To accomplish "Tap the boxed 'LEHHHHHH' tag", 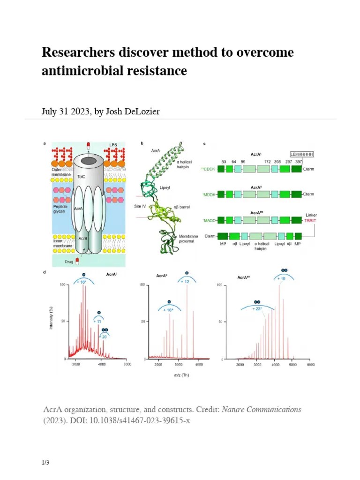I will [301, 154].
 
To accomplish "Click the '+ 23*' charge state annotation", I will [257, 309].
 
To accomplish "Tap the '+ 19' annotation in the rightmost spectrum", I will [282, 279].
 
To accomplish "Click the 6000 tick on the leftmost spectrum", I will [127, 364].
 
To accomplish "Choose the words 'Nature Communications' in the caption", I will [262, 409].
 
